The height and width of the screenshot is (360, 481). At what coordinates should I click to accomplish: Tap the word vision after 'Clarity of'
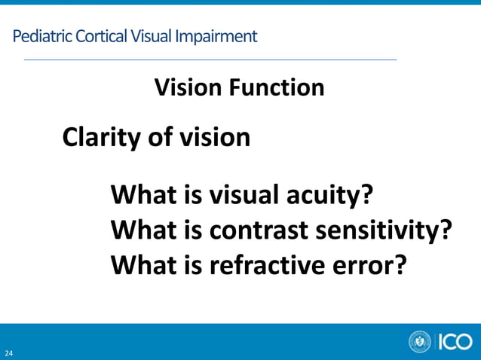tap(215, 138)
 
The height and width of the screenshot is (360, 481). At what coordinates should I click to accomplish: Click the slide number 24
tap(9, 352)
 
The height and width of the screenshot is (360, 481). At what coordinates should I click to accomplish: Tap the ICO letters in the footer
tap(455, 342)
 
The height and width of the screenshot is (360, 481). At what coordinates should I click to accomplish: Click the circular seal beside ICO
tap(420, 342)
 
